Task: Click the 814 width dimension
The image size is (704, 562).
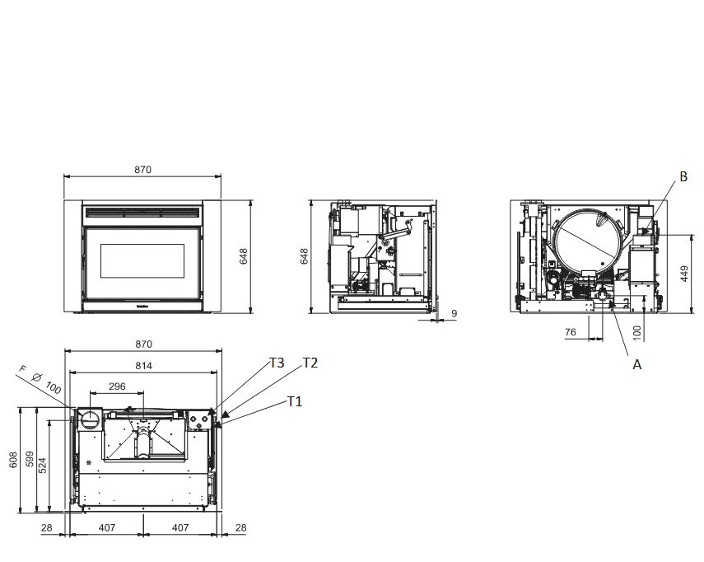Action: coord(143,366)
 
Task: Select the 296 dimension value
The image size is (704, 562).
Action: coord(117,386)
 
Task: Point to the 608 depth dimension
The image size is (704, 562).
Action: coord(13,460)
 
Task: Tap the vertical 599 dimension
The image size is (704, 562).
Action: coord(30,459)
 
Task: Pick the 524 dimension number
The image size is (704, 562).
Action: coord(42,466)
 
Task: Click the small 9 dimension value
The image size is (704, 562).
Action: coord(454,314)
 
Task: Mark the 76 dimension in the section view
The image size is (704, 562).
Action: coord(571,332)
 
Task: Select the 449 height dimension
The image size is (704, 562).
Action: coord(684,274)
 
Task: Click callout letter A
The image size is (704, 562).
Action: coord(636,365)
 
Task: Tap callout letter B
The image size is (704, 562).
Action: coord(683,176)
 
